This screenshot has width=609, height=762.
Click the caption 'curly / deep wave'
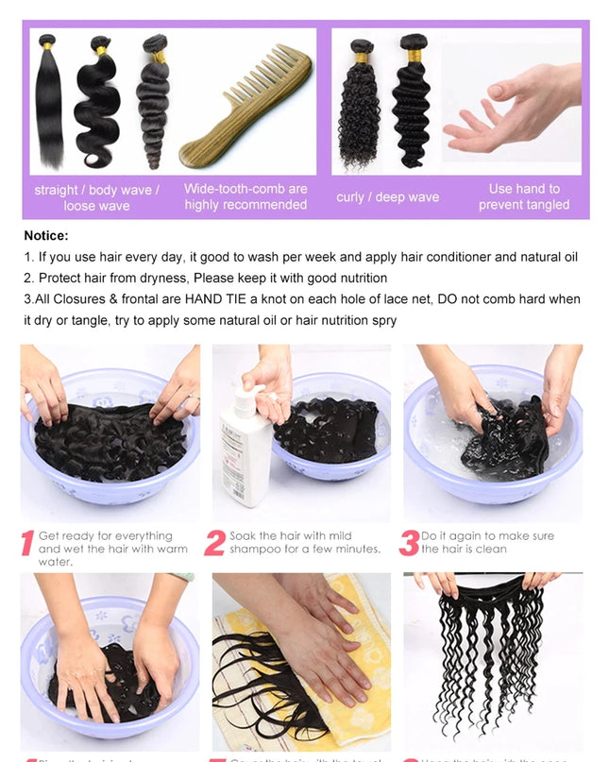coord(387,197)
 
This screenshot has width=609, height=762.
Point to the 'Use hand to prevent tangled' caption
coord(523,196)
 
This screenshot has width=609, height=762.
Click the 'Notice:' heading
coord(46,236)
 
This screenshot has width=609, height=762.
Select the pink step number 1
coord(26,544)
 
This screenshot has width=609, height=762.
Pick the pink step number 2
coord(215,544)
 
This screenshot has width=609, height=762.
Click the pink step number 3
coord(409,543)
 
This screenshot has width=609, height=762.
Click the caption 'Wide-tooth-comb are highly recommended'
coord(245,196)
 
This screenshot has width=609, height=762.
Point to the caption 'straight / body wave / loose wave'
coord(97,197)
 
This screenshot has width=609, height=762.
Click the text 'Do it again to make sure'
coord(487,535)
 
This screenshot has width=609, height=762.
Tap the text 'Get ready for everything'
coord(106,535)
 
